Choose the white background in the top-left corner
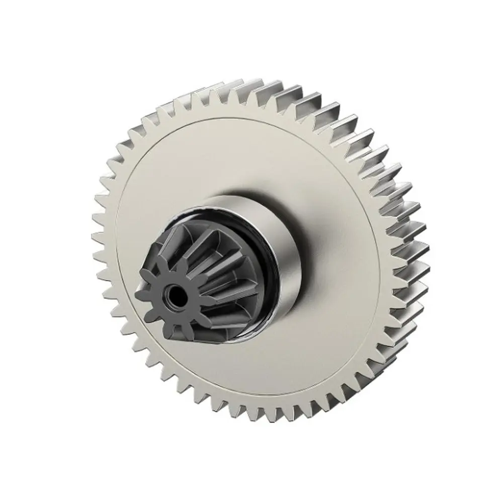(x=30, y=30)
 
